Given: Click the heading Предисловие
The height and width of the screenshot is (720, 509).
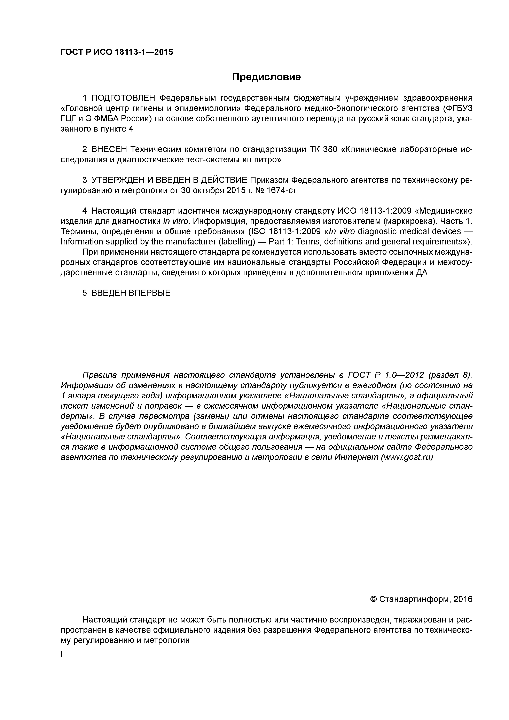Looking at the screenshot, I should pyautogui.click(x=266, y=77).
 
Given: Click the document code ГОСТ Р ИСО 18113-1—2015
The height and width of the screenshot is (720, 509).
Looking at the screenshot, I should pyautogui.click(x=117, y=52).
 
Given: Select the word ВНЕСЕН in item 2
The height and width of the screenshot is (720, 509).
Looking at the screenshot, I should pyautogui.click(x=109, y=149).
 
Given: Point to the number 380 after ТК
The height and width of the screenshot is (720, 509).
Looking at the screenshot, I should pyautogui.click(x=329, y=149).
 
